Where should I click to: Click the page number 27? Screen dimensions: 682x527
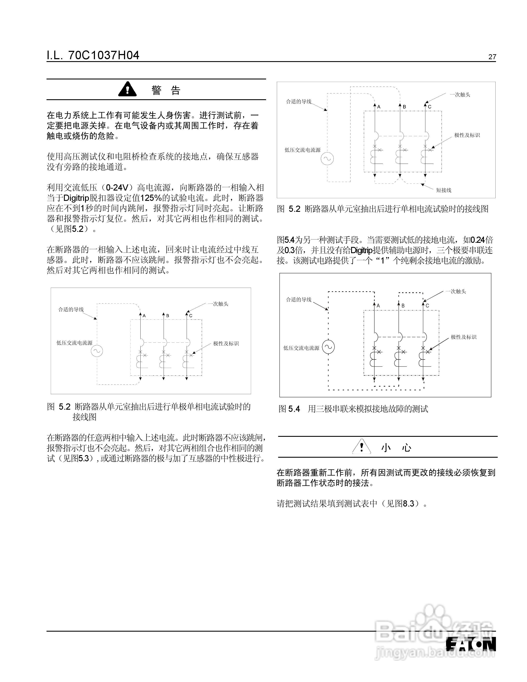tap(492, 57)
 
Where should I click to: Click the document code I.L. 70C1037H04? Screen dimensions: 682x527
tap(93, 56)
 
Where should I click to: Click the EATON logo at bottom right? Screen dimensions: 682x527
tap(471, 644)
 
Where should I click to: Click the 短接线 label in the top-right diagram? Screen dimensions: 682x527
tap(444, 190)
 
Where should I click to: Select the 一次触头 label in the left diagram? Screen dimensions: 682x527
tap(218, 304)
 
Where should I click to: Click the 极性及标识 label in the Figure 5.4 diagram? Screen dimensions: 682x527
tap(464, 337)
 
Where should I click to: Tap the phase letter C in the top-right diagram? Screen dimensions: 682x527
tap(430, 107)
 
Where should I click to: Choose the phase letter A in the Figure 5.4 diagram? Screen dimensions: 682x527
tap(378, 306)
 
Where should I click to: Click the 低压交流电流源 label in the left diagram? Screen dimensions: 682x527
tap(74, 343)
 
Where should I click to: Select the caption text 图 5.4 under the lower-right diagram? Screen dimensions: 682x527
tap(289, 409)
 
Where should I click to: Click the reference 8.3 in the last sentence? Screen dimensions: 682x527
tap(408, 503)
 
